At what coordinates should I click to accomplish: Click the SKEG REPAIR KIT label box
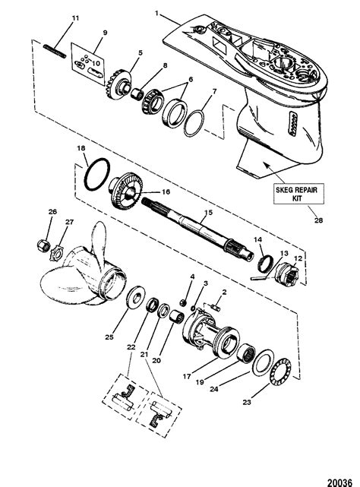click(x=298, y=194)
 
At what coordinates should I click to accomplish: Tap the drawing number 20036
click(x=339, y=482)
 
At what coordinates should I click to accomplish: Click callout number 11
click(x=75, y=18)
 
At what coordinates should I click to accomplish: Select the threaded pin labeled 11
click(x=55, y=51)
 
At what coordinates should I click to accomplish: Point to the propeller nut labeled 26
click(x=43, y=245)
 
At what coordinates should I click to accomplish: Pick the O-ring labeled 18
click(x=97, y=174)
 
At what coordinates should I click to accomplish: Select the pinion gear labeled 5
click(x=118, y=85)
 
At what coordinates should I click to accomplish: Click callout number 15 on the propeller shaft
click(x=208, y=213)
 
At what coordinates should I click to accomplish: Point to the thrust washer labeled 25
click(x=135, y=297)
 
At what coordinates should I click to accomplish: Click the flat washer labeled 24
click(x=263, y=362)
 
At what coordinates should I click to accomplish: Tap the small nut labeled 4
click(x=183, y=302)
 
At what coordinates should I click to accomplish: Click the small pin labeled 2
click(x=216, y=308)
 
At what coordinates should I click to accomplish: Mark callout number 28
click(x=318, y=220)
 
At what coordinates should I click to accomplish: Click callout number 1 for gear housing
click(x=156, y=14)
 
